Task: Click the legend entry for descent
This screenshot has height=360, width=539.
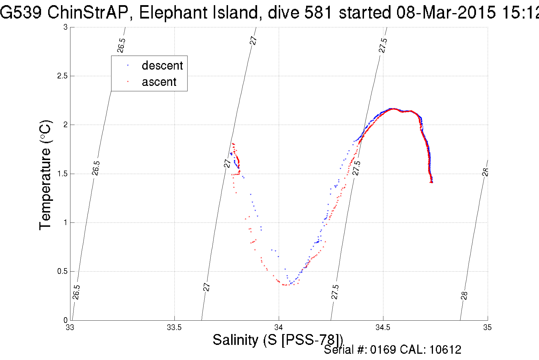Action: (x=162, y=66)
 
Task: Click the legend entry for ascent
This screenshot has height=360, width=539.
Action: (x=159, y=82)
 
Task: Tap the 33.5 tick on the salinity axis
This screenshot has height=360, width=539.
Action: (x=174, y=327)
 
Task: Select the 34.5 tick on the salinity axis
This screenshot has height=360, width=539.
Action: (x=383, y=327)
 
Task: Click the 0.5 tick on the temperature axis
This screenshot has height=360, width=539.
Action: (x=62, y=271)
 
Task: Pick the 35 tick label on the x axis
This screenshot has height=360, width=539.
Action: (x=487, y=327)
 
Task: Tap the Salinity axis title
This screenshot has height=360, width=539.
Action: (x=278, y=340)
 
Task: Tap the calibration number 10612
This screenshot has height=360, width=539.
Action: (x=445, y=350)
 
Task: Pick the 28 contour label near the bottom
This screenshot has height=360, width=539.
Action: (x=464, y=296)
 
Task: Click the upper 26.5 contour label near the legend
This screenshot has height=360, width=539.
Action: (x=121, y=45)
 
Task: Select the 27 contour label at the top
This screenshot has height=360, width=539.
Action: (x=253, y=40)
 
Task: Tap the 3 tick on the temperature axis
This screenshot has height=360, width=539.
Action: (x=66, y=27)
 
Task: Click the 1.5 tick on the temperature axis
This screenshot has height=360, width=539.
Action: (x=62, y=174)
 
